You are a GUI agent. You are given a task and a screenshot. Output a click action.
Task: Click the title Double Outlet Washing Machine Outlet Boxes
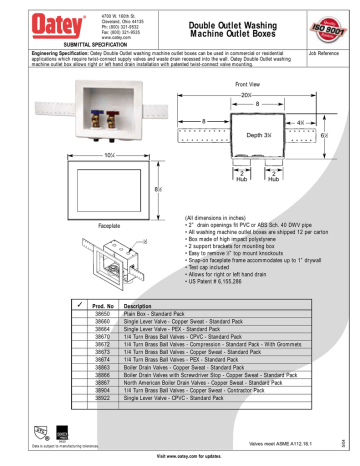(x=229, y=23)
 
